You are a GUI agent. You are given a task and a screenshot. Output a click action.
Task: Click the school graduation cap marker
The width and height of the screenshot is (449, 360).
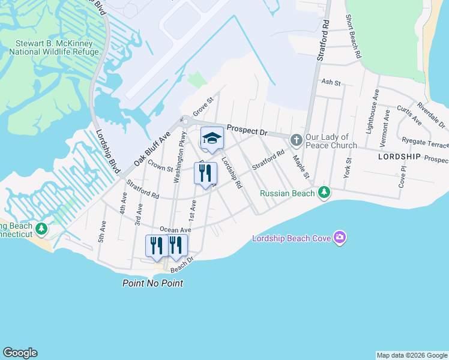[x=211, y=139]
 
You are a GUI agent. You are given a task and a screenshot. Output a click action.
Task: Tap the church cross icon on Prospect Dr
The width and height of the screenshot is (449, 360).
[x=296, y=140]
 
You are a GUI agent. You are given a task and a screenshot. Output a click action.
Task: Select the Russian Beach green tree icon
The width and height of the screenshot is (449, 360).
[x=324, y=192]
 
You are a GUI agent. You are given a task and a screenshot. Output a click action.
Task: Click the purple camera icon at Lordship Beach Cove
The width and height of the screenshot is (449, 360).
[x=340, y=238]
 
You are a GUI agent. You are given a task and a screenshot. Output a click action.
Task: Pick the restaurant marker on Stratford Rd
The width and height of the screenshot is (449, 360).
[x=205, y=173]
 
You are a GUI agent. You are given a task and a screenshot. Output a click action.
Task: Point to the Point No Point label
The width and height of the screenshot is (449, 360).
[x=152, y=283]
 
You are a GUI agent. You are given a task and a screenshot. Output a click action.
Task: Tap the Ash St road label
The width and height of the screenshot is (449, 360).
[x=331, y=82]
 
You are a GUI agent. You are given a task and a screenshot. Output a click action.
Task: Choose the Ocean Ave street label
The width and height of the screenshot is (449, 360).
[x=175, y=230]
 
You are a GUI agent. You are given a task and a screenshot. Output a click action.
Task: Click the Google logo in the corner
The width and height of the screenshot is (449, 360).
[x=20, y=353]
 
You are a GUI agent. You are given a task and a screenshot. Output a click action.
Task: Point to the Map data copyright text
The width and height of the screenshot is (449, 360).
[x=412, y=355]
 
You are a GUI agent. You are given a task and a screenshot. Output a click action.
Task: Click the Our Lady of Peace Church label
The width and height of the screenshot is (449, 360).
[x=331, y=141]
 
